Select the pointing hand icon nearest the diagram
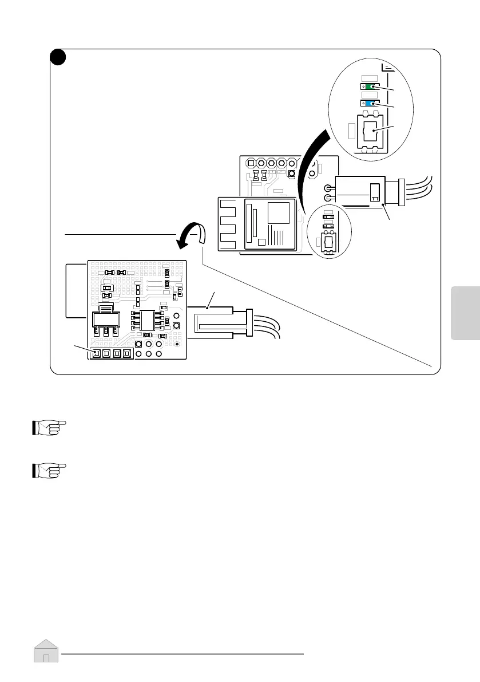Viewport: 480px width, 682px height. (x=49, y=428)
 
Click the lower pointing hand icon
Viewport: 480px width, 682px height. (x=49, y=470)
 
